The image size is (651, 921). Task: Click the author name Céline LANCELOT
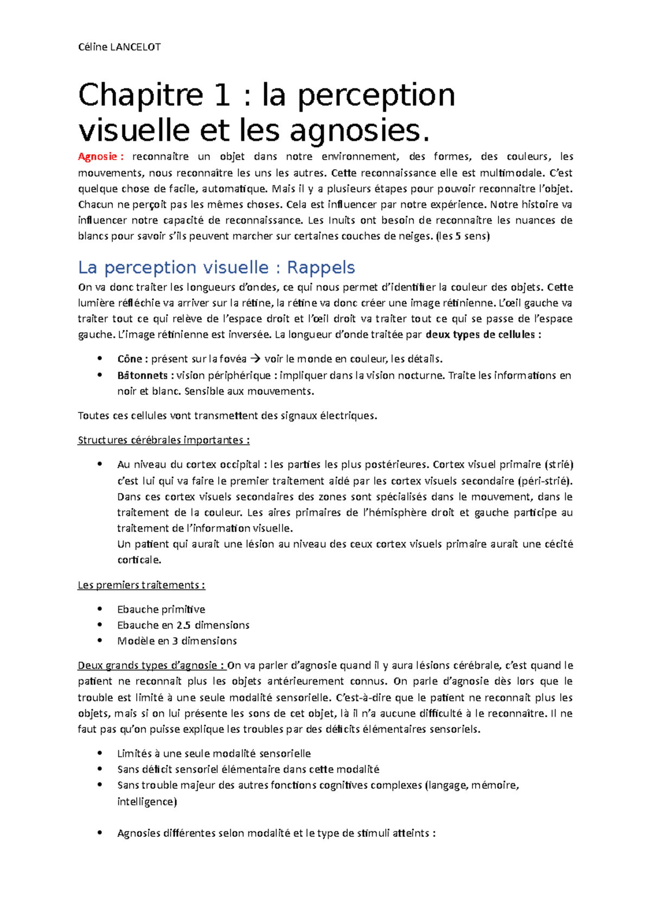coord(119,47)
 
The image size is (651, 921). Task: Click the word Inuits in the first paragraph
coord(342,220)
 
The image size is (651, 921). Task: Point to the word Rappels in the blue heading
coord(321,267)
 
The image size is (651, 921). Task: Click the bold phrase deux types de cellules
coord(483,335)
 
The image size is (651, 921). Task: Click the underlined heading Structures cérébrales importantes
coord(163,440)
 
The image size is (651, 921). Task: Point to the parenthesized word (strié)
coord(559,465)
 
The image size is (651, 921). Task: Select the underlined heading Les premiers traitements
coord(141,585)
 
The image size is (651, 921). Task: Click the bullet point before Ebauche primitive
coord(100,609)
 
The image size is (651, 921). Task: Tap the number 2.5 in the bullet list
coord(183,625)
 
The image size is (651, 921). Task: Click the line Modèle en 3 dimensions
coord(177,641)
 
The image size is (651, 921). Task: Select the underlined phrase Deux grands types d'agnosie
coord(150,666)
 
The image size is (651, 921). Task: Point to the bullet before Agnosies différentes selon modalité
coord(100,833)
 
